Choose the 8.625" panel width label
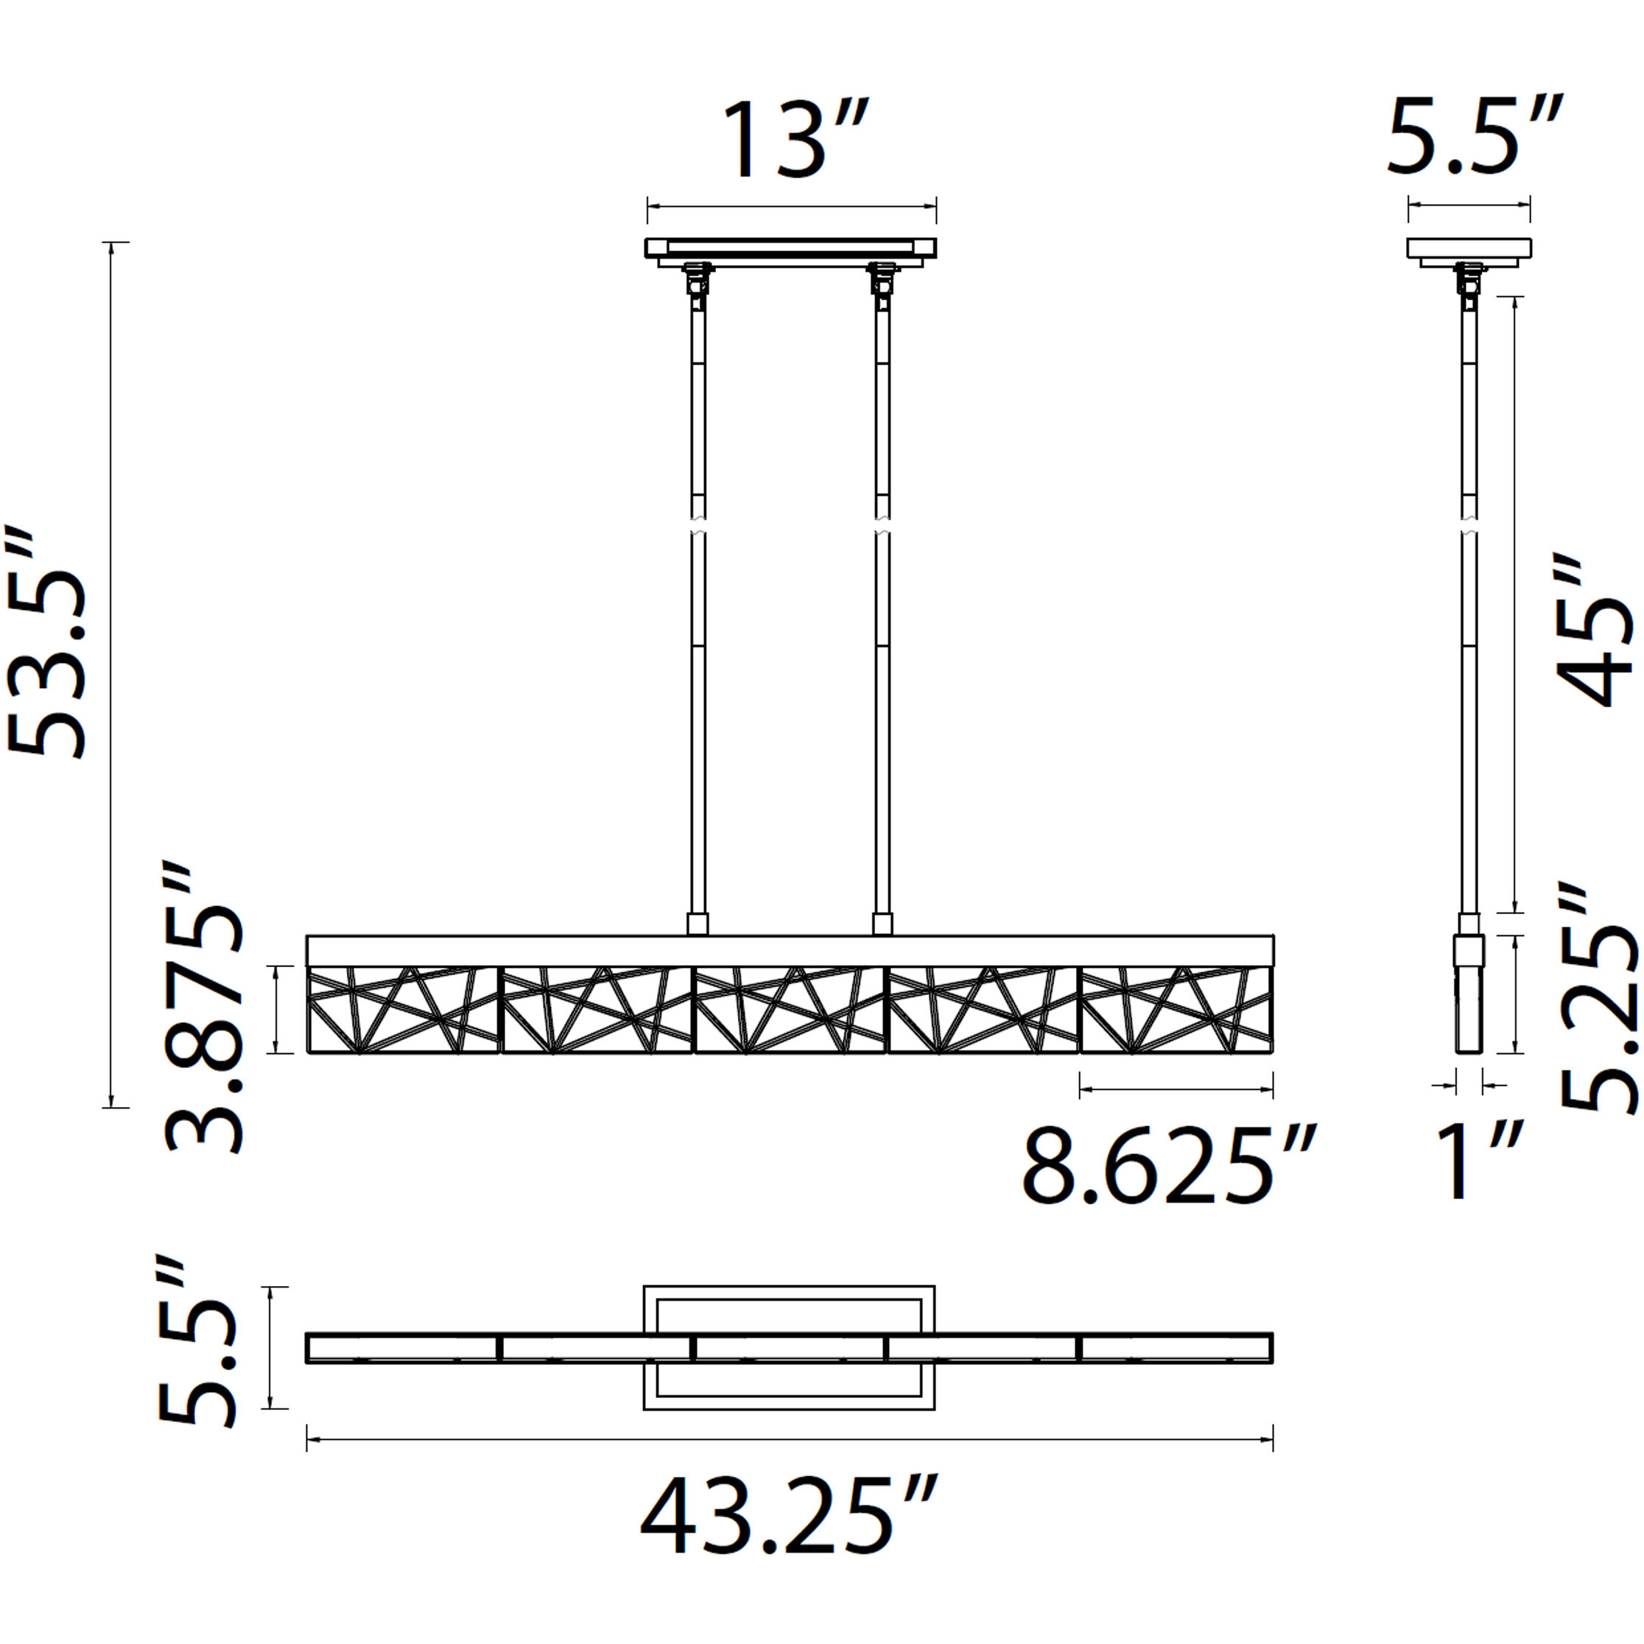tap(1168, 1165)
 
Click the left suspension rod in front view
tap(698, 613)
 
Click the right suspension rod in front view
tap(882, 613)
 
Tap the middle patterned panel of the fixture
tap(790, 1021)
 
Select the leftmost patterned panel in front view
tap(402, 1021)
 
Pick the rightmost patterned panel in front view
tap(1176, 1021)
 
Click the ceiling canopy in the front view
tap(790, 248)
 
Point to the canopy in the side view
tap(1469, 248)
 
